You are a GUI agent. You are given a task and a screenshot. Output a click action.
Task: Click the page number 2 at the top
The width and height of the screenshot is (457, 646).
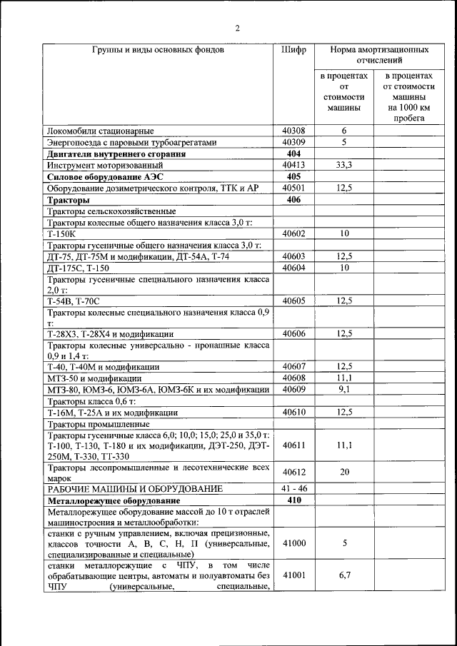pyautogui.click(x=237, y=29)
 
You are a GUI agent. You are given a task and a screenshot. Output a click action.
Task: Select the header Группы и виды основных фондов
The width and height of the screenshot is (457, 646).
pyautogui.click(x=158, y=51)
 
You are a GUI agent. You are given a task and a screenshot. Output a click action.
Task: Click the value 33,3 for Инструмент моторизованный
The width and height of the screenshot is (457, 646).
pyautogui.click(x=343, y=165)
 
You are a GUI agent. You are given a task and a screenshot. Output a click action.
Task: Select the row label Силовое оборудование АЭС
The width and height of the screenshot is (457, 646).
pyautogui.click(x=99, y=176)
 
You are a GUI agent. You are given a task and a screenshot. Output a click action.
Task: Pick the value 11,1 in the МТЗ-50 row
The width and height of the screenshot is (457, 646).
pyautogui.click(x=343, y=378)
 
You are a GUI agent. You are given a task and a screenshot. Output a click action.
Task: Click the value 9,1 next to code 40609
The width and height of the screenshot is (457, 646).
pyautogui.click(x=343, y=389)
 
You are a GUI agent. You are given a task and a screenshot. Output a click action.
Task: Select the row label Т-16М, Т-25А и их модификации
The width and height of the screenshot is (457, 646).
pyautogui.click(x=112, y=412)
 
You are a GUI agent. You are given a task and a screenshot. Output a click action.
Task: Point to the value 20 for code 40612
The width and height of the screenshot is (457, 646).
pyautogui.click(x=343, y=472)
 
